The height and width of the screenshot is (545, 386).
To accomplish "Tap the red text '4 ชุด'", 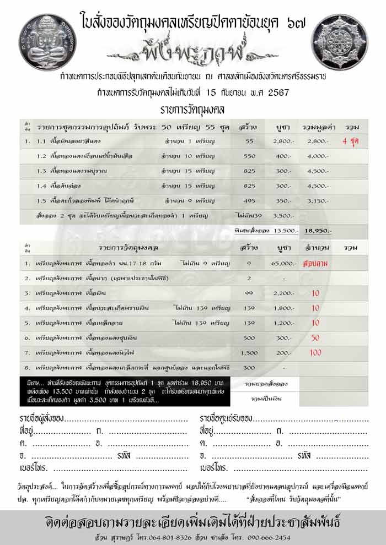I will point(351,141).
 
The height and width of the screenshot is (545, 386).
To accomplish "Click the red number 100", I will point(315,352).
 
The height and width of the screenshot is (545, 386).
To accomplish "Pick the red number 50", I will point(315,337).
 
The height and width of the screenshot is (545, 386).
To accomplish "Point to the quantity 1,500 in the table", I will point(249,352).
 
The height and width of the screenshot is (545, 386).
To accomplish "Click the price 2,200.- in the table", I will point(282,293).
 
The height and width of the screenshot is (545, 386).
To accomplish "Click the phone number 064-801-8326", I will point(160,537).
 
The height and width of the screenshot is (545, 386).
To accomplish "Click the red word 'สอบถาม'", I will point(316,264).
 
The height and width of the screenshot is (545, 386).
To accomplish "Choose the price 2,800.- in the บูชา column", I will point(282,141).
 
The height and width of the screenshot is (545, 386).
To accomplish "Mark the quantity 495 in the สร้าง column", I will point(249,201).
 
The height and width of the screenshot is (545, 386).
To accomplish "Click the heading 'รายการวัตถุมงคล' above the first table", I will point(192,110).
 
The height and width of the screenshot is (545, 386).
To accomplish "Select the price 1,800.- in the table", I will point(282,308).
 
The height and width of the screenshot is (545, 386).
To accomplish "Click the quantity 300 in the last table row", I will point(249,367).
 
